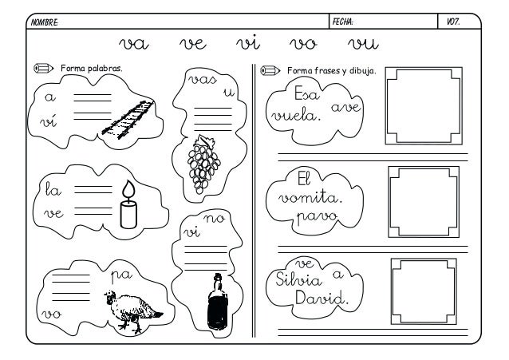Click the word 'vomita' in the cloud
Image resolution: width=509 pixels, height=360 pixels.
[306, 196]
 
